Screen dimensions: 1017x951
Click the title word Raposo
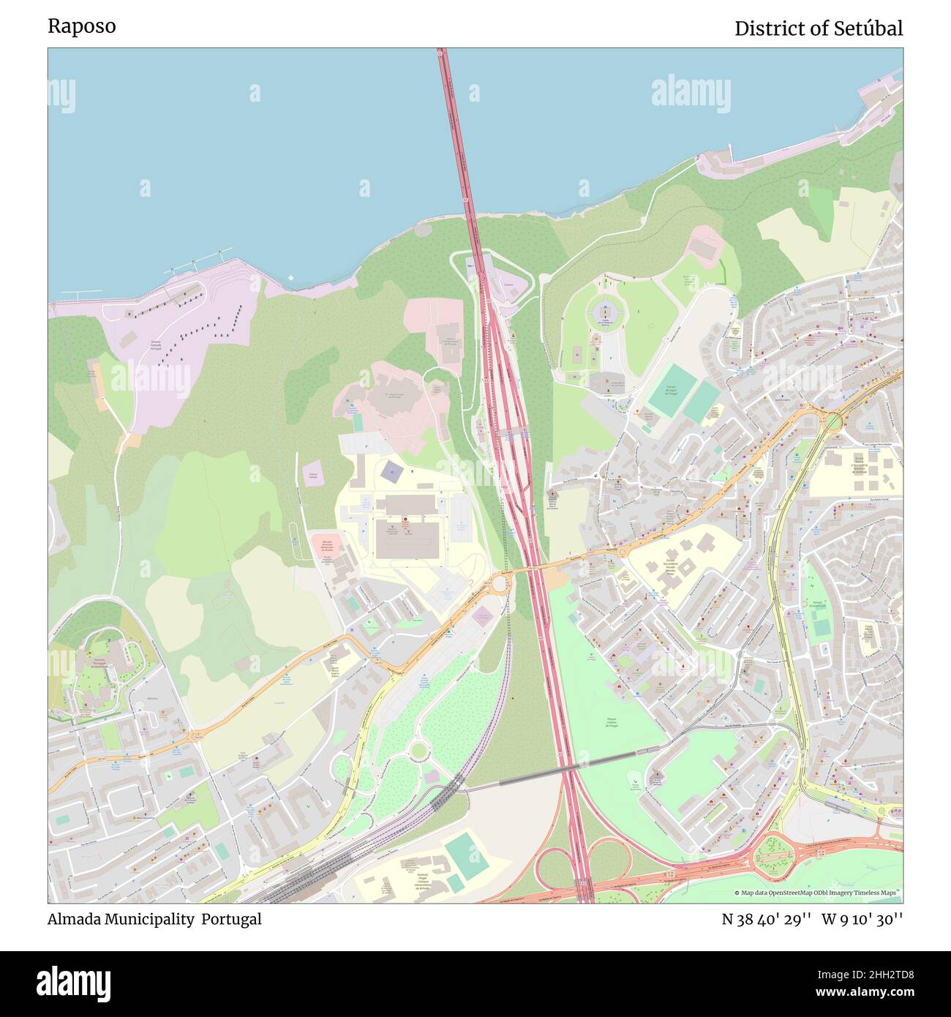click(x=81, y=26)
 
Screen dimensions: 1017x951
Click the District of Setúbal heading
click(x=818, y=29)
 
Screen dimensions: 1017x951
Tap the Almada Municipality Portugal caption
click(x=154, y=919)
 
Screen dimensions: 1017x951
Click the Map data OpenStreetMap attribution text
click(x=817, y=893)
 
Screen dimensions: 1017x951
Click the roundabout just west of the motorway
click(x=500, y=583)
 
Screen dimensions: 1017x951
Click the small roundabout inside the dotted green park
click(x=418, y=748)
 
